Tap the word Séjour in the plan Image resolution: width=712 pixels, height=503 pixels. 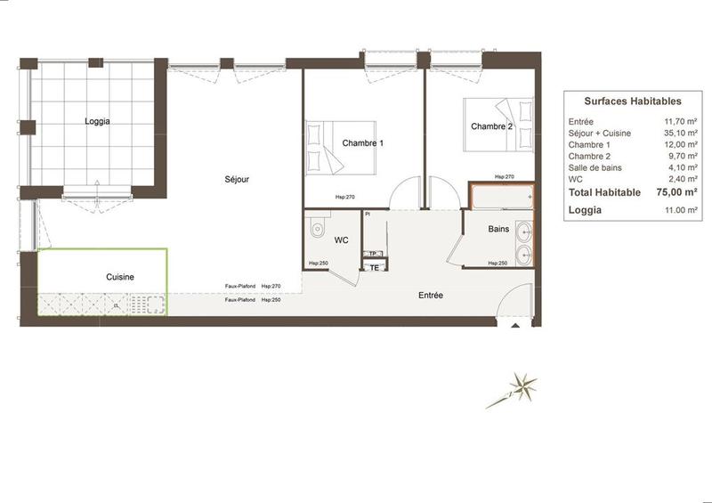[237, 180]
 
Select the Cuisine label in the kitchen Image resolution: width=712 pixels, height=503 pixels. [120, 277]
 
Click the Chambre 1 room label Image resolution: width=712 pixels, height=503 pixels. [362, 143]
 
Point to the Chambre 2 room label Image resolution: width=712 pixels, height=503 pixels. [492, 126]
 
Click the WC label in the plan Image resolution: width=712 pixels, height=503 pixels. [341, 241]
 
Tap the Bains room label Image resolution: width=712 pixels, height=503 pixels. [499, 229]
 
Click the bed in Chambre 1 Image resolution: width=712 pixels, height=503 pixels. [343, 146]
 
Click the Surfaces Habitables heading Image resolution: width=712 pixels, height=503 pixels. [633, 102]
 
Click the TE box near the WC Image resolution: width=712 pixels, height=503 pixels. [375, 267]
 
